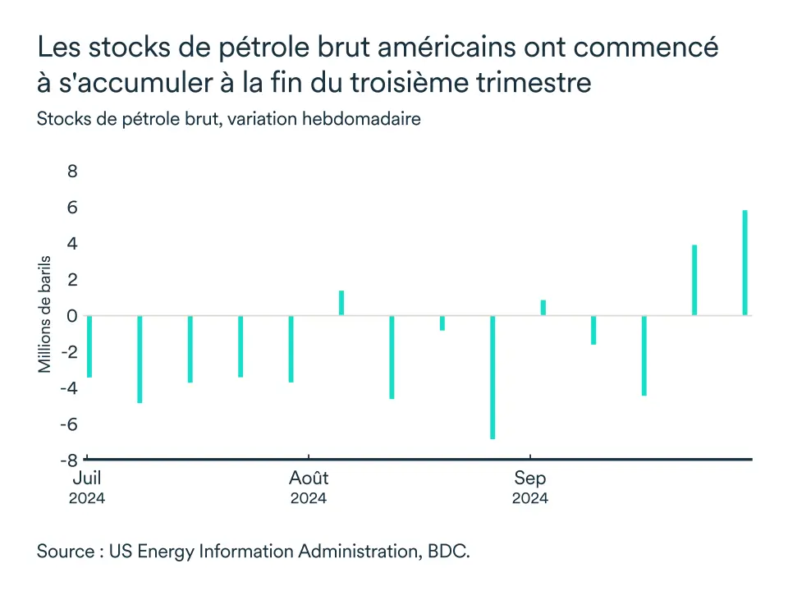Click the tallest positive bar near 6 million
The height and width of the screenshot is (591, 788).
pos(745,263)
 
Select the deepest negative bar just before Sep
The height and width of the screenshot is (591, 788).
pos(492,378)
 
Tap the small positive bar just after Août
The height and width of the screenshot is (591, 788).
pos(341,303)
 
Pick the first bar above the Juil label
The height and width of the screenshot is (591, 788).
pos(89,346)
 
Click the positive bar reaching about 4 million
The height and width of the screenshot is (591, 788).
pos(694,280)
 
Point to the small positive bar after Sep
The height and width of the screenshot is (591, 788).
pos(543,308)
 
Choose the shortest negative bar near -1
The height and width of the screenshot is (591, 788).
pos(442,323)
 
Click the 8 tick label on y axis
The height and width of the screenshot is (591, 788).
pos(72,172)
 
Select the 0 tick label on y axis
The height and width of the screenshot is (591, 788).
pos(72,316)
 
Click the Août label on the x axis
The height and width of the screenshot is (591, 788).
pos(309,479)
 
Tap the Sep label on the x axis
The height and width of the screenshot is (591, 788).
pos(530,479)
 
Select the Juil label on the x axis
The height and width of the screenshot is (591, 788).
pos(87,479)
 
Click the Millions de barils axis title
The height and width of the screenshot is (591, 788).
pos(46,314)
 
